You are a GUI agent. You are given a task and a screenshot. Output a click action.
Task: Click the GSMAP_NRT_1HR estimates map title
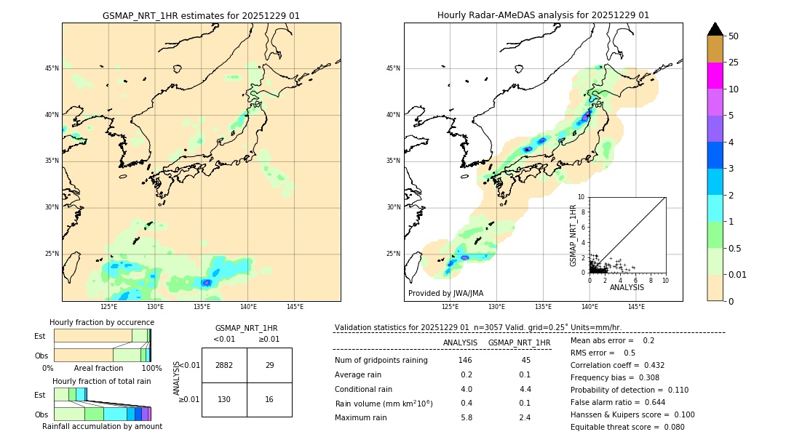coord(201,15)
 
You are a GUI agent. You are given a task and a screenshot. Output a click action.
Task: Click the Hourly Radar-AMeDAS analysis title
coord(543,15)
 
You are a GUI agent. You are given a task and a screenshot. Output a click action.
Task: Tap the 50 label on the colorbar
coord(734,36)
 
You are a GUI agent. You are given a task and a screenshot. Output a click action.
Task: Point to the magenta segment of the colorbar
coord(715,76)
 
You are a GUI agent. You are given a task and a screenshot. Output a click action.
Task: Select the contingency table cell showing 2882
coord(224,365)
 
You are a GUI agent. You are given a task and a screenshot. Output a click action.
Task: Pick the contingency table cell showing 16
coord(269,399)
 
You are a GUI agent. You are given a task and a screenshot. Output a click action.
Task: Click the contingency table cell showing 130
coord(224,399)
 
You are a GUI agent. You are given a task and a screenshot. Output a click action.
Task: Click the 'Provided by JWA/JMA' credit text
coord(445,293)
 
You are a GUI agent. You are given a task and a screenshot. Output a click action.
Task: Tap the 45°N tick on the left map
coord(52,68)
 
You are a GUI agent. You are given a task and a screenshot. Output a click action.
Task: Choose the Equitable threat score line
coord(627,427)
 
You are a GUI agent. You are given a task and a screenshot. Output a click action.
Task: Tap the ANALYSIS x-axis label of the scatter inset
coord(627,288)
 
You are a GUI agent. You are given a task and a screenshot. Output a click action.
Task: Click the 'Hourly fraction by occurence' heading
coord(102,322)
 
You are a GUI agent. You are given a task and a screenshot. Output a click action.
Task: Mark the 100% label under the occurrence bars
coord(151,369)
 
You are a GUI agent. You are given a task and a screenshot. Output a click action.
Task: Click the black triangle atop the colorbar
coord(715,29)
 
